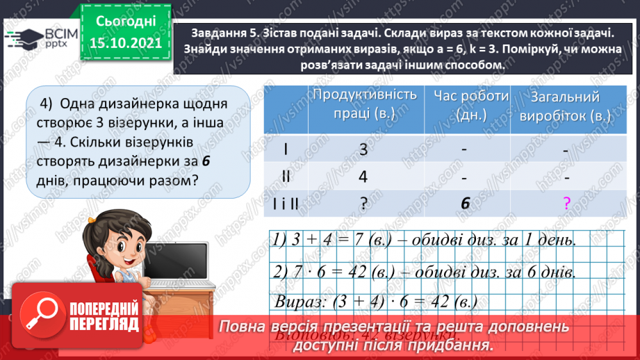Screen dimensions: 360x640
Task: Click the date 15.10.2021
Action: point(125,43)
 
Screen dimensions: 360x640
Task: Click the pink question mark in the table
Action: point(566,204)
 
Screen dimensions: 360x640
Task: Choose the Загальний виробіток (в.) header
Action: point(565,106)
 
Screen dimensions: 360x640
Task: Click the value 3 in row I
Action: point(363,149)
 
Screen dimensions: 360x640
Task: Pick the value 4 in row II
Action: point(363,177)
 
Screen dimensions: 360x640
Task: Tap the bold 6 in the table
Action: point(464,203)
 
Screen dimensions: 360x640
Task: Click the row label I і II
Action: point(286,203)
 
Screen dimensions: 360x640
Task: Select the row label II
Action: point(286,177)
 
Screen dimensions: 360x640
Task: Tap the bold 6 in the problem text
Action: point(206,161)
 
